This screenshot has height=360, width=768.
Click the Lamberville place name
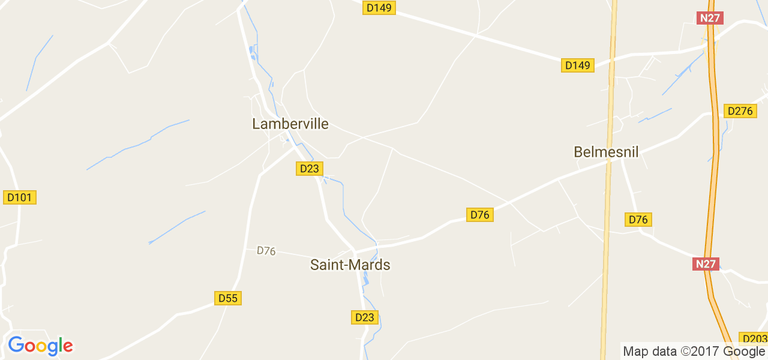coord(290,124)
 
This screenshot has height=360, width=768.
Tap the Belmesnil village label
coord(606,152)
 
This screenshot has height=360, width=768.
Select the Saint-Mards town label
coord(350,265)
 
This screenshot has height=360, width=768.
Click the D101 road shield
coord(20,197)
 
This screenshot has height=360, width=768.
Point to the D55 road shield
coord(228,298)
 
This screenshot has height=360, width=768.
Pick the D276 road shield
coord(740,111)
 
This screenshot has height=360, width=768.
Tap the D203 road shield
coord(754,338)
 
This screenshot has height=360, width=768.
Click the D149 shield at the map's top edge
coord(379,8)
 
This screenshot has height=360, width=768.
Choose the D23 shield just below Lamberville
coord(309,169)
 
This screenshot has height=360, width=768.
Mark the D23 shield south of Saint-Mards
coord(365,317)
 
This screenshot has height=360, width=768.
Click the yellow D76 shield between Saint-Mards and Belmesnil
coord(480,214)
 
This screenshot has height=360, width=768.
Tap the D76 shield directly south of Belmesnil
coord(638,220)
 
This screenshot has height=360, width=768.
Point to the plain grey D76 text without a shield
coord(266,251)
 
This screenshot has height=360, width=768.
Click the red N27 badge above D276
coord(710,18)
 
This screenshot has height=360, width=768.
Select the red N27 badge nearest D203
coord(706,263)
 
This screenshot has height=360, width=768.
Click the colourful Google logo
coord(40,346)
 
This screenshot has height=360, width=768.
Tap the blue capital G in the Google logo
coord(16,345)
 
